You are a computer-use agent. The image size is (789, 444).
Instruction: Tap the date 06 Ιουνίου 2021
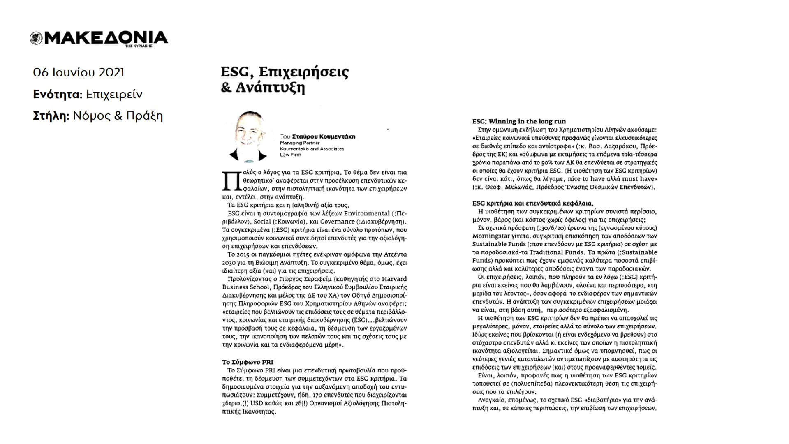[79, 73]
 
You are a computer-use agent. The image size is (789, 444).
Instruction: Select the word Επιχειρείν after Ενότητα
[114, 95]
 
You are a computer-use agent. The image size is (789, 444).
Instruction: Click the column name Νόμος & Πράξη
[118, 116]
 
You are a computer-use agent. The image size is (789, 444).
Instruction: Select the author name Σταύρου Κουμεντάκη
[324, 136]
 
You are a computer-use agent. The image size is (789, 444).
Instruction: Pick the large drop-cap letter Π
[229, 181]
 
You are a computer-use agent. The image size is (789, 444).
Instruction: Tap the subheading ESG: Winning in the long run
[519, 121]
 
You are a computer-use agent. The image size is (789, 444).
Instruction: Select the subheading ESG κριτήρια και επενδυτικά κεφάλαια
[533, 203]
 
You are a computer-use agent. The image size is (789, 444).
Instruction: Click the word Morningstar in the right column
[490, 236]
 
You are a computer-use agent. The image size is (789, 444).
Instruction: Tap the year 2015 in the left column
[248, 254]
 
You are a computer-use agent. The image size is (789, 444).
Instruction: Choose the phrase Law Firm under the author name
[290, 155]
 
